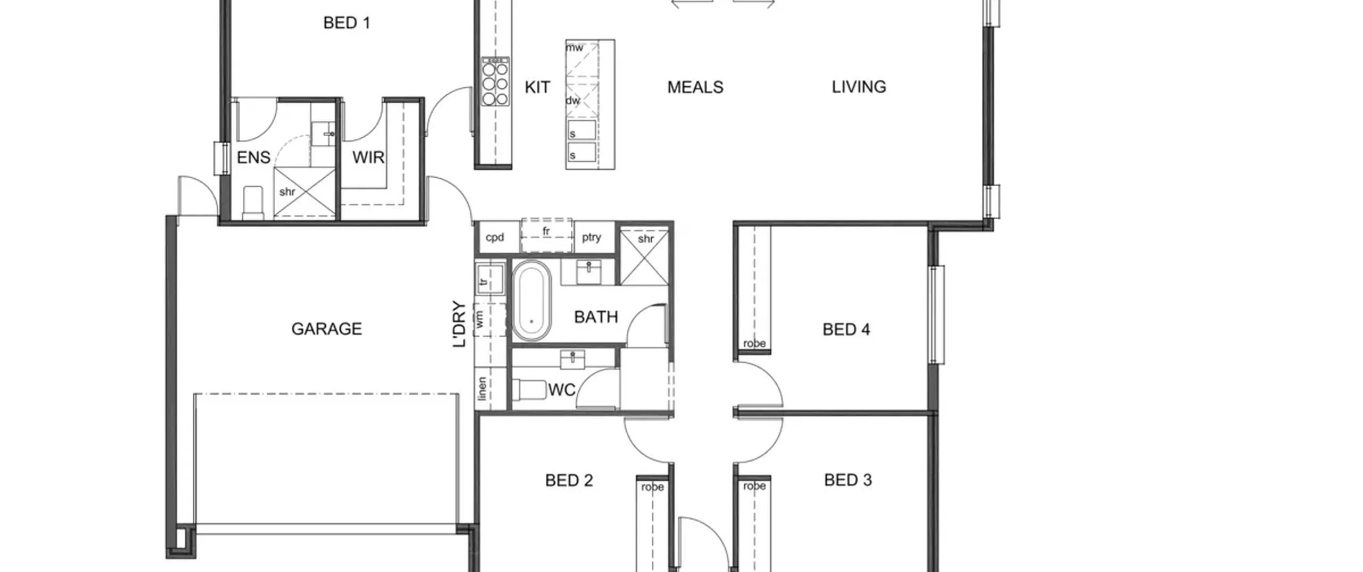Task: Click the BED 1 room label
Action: pyautogui.click(x=347, y=23)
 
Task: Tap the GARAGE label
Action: pyautogui.click(x=326, y=329)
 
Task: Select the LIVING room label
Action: pyautogui.click(x=859, y=87)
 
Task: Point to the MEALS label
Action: pyautogui.click(x=695, y=87)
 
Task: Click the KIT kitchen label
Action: pyautogui.click(x=537, y=87)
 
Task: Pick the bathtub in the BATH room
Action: pyautogui.click(x=531, y=301)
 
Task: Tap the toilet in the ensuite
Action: pyautogui.click(x=253, y=203)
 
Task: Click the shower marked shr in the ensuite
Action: pyautogui.click(x=305, y=192)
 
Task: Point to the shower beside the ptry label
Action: pyautogui.click(x=644, y=257)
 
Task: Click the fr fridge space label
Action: pyautogui.click(x=546, y=231)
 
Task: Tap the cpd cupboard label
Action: pyautogui.click(x=495, y=237)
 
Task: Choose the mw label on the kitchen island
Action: pyautogui.click(x=574, y=48)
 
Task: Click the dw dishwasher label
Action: pyautogui.click(x=573, y=101)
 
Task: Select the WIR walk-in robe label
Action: pyautogui.click(x=368, y=157)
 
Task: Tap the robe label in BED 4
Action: pyautogui.click(x=754, y=344)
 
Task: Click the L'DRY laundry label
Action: pyautogui.click(x=459, y=324)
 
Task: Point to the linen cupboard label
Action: pyautogui.click(x=482, y=389)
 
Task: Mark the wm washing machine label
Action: pyautogui.click(x=480, y=320)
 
